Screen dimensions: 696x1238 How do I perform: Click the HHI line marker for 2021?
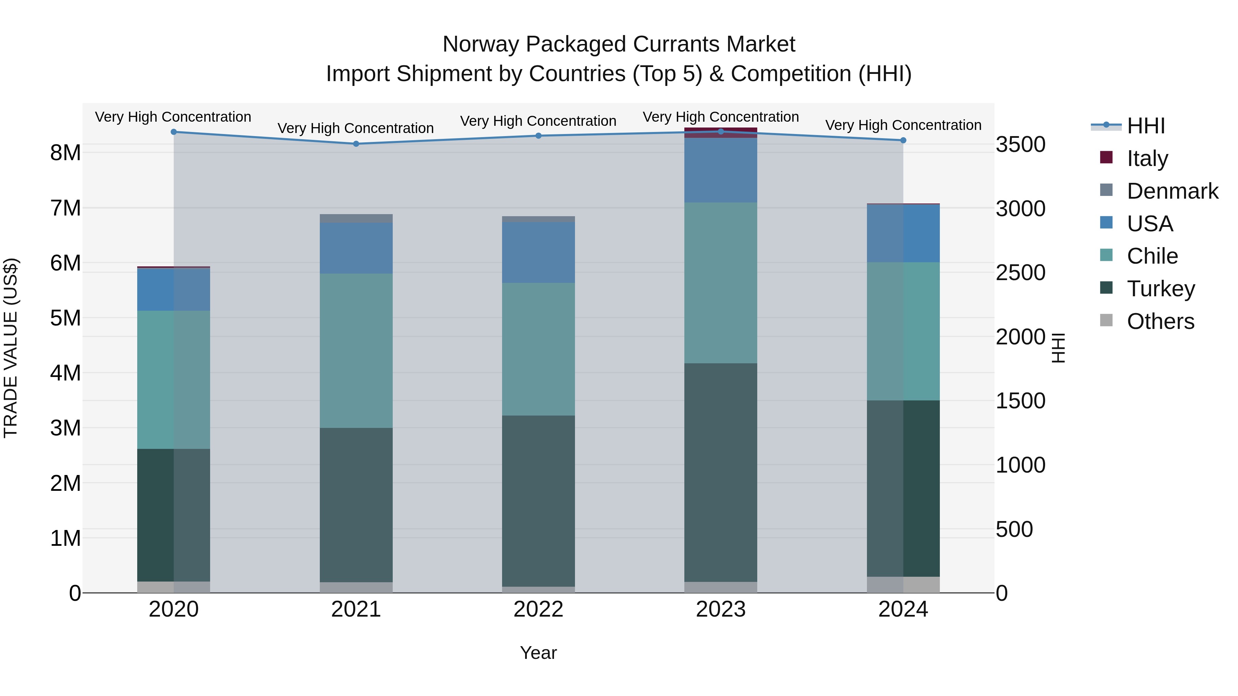coord(356,144)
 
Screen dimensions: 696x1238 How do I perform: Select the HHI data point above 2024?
coord(903,140)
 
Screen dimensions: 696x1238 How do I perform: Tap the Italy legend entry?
coord(1147,158)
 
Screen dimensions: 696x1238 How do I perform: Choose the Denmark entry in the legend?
coord(1172,191)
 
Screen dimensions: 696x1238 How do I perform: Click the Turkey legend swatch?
coord(1106,288)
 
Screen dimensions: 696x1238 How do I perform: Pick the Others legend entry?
coord(1160,321)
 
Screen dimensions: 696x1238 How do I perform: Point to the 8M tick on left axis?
coord(65,153)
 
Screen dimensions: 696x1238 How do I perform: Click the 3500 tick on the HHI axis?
coord(1020,145)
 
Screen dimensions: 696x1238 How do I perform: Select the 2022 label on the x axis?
coord(538,609)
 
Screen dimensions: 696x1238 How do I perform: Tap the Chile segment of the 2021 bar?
coord(356,351)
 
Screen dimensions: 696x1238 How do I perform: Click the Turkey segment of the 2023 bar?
coord(720,472)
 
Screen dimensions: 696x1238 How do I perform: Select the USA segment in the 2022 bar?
coord(538,252)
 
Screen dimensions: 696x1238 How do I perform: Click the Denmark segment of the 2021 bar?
coord(356,219)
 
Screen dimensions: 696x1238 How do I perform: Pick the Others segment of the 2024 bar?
coord(903,585)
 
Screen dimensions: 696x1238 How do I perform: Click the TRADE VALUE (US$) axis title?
coord(11,348)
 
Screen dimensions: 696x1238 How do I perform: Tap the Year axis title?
coord(538,653)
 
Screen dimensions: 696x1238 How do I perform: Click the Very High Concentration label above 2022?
coord(538,121)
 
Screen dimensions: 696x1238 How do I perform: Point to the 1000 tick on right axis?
coord(1020,465)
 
